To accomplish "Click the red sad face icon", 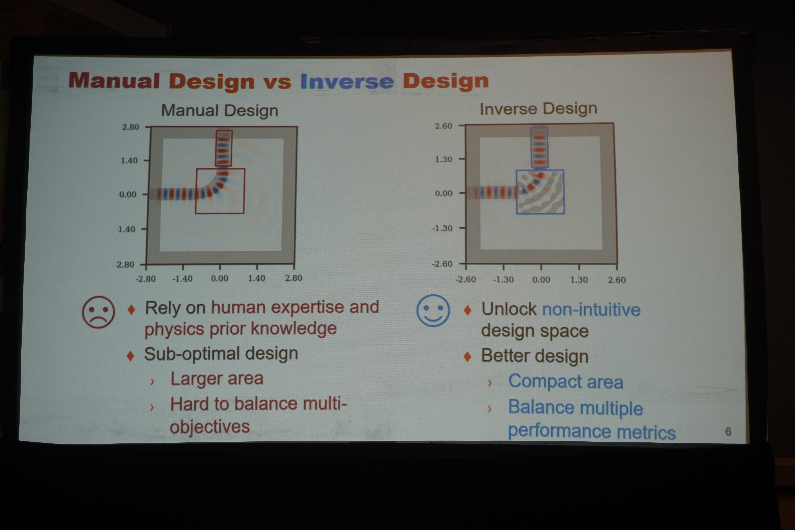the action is pyautogui.click(x=98, y=312).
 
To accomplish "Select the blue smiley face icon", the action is pyautogui.click(x=433, y=310).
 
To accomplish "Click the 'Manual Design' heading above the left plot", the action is pyautogui.click(x=220, y=111).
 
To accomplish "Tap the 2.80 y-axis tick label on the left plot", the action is pyautogui.click(x=131, y=127).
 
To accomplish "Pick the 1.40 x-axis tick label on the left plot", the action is pyautogui.click(x=257, y=278).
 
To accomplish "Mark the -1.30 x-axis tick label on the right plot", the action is pyautogui.click(x=503, y=280).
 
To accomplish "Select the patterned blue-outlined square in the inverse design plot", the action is pyautogui.click(x=540, y=192).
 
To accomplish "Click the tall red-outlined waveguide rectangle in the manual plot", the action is pyautogui.click(x=224, y=148).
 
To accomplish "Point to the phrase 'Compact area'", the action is pyautogui.click(x=566, y=382).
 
